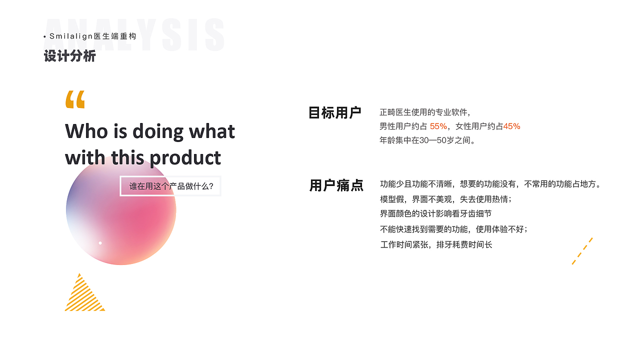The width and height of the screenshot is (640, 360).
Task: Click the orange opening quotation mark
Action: pos(75,99)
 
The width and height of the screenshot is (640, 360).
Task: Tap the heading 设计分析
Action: pos(69,55)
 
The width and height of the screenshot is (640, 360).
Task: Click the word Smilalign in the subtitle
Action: pos(71,36)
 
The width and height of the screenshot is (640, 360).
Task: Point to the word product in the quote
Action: pos(185,158)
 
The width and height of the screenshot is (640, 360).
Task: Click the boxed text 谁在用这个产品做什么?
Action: pos(171,186)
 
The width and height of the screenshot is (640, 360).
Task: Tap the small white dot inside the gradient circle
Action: pos(100,243)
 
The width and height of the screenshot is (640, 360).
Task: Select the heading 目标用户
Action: pos(335,112)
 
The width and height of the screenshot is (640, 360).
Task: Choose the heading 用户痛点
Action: pos(336,185)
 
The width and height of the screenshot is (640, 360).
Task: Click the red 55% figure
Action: pos(438,126)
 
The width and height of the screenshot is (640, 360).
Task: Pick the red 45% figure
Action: pos(511,126)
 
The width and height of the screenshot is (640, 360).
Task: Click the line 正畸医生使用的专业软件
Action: pos(425,112)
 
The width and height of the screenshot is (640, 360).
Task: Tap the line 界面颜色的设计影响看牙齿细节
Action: pos(435,213)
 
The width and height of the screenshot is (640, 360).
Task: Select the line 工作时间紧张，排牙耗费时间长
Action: pos(436,244)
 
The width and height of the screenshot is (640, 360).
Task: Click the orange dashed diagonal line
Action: pos(582,251)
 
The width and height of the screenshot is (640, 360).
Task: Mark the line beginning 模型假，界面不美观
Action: pos(445,199)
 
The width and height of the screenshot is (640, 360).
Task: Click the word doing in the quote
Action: pos(158,132)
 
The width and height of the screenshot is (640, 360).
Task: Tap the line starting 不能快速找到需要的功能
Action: pos(453,229)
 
